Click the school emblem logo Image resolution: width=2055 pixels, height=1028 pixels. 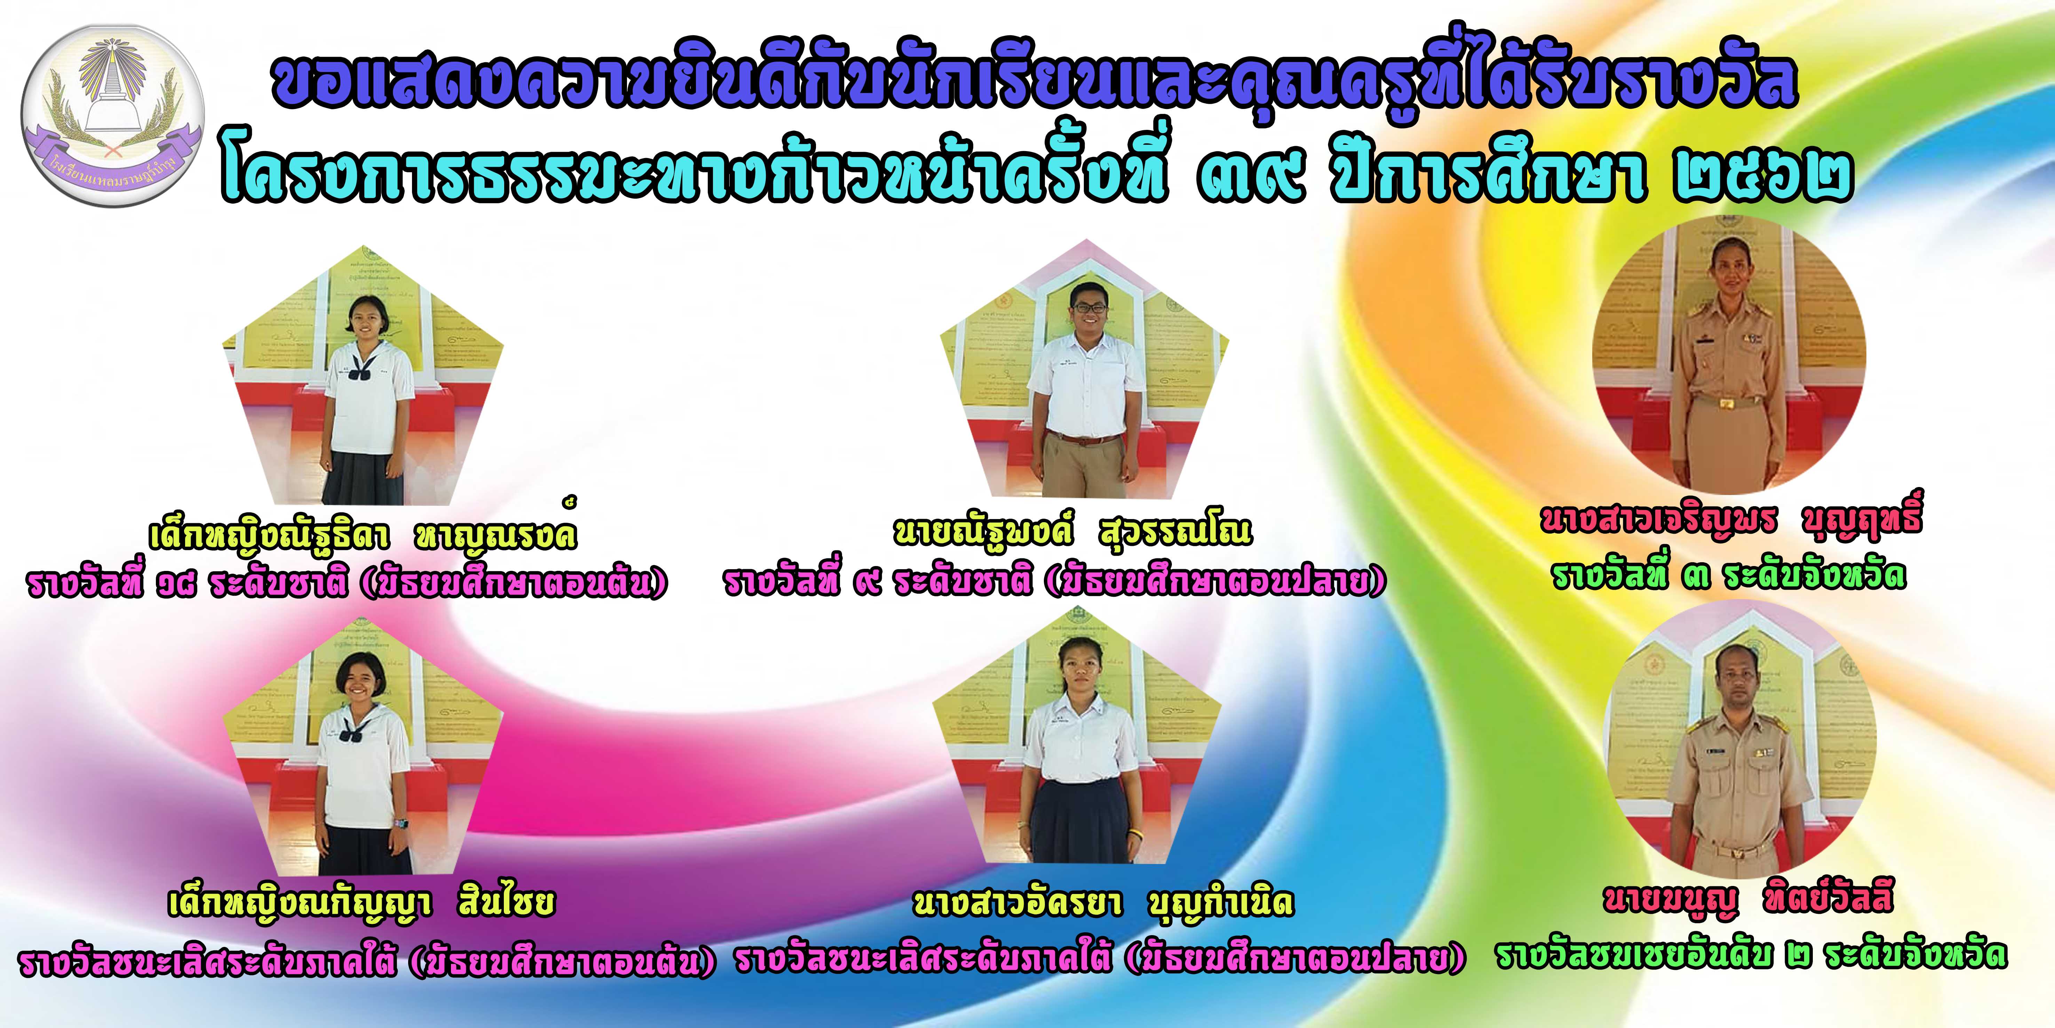[x=112, y=115]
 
